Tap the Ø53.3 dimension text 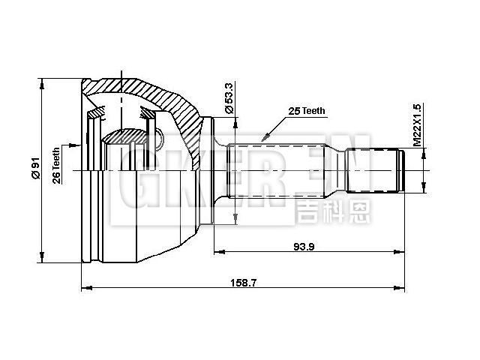pos(229,98)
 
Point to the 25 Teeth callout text pos(307,110)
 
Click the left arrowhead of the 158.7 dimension pos(85,287)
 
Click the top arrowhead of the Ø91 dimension pos(43,82)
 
